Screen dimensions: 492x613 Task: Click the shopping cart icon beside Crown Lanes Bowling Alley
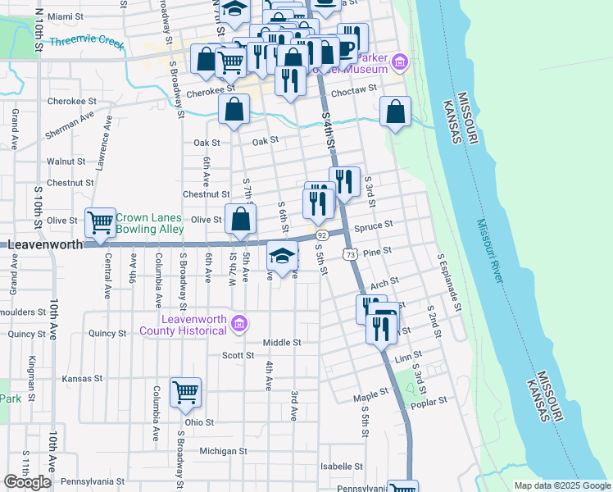(x=101, y=221)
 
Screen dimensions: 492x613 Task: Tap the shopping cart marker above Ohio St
(x=186, y=393)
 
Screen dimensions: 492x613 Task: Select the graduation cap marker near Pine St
(x=282, y=257)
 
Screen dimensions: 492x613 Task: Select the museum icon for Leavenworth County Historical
(x=238, y=324)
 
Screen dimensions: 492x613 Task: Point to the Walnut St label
(x=66, y=162)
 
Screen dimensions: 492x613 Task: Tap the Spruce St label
(x=376, y=224)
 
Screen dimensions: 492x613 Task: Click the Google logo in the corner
(x=27, y=482)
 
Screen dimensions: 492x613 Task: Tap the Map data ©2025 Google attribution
(x=561, y=485)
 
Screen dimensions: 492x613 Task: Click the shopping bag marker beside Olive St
(x=240, y=220)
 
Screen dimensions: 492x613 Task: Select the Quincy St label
(x=26, y=334)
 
